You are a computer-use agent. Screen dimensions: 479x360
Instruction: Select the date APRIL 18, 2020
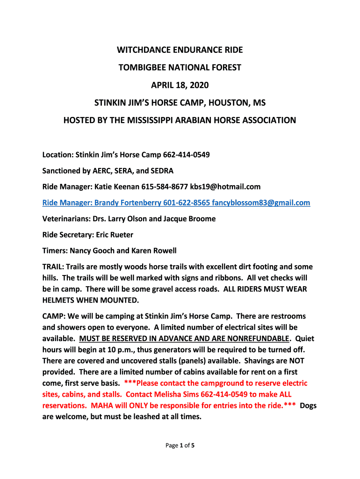180,86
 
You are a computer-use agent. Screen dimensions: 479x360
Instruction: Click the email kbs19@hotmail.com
226,187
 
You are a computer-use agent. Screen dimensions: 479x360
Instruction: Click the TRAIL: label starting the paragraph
53,267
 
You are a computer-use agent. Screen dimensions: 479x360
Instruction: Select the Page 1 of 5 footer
180,445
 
